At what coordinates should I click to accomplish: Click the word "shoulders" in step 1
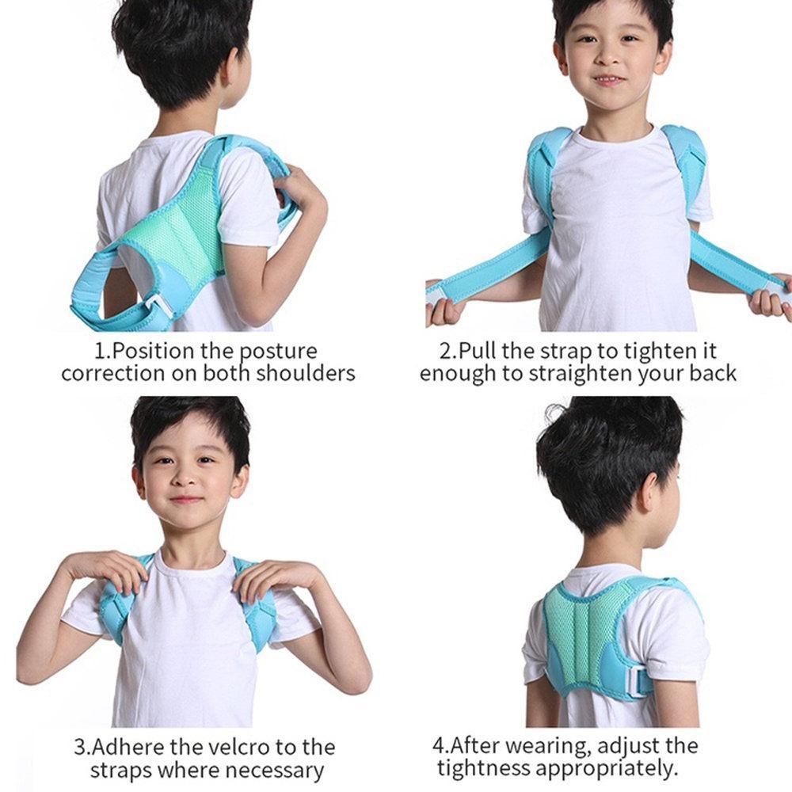(x=305, y=373)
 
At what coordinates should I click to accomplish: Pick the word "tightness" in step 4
(x=484, y=767)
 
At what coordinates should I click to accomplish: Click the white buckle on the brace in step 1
(x=160, y=306)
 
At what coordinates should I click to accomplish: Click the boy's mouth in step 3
(x=185, y=500)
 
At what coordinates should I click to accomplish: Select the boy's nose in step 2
(x=608, y=56)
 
